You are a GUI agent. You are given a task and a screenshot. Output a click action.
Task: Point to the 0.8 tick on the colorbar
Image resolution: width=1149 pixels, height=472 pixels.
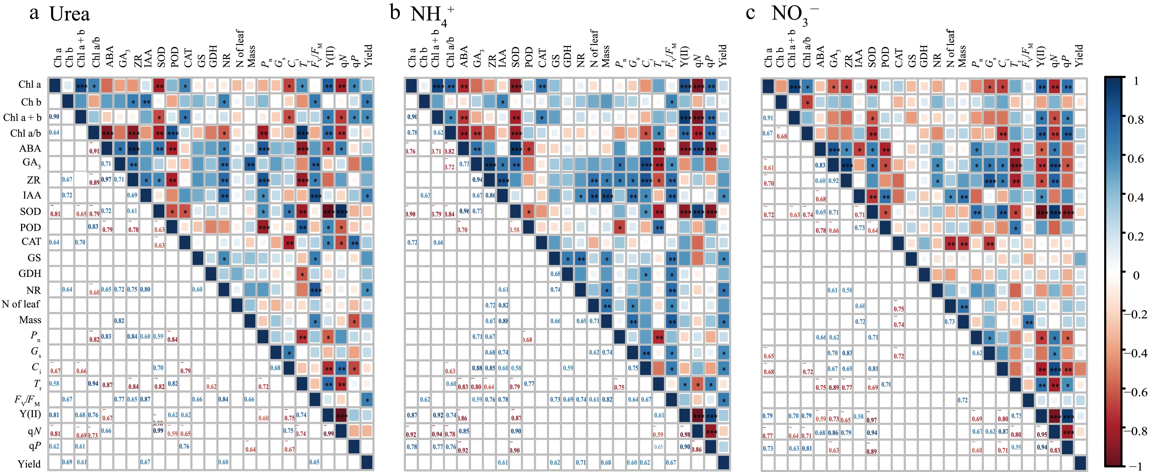[1135, 119]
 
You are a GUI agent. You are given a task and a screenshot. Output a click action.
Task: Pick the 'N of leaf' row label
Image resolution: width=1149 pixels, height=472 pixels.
[21, 304]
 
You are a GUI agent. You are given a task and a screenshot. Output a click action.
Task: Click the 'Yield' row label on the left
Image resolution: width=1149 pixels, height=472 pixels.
[29, 464]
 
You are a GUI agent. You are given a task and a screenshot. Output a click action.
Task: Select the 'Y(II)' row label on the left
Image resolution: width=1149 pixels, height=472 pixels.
[30, 414]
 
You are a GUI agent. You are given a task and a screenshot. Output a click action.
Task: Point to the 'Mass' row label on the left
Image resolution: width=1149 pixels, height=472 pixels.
[30, 320]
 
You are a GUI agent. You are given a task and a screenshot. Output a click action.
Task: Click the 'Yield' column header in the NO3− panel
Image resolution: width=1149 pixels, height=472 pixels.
[1078, 55]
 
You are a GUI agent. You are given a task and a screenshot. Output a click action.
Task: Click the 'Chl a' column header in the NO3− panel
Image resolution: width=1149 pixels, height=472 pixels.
[768, 57]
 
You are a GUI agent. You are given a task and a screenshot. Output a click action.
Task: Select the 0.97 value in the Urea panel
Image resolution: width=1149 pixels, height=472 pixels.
[106, 180]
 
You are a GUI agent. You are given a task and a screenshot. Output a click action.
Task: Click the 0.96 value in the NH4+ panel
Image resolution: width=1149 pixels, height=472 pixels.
[464, 211]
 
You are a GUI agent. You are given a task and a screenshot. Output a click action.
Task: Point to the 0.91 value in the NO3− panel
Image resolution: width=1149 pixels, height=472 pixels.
[768, 118]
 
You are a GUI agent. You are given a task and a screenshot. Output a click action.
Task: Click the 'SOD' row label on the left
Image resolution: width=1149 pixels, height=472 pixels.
[30, 211]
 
